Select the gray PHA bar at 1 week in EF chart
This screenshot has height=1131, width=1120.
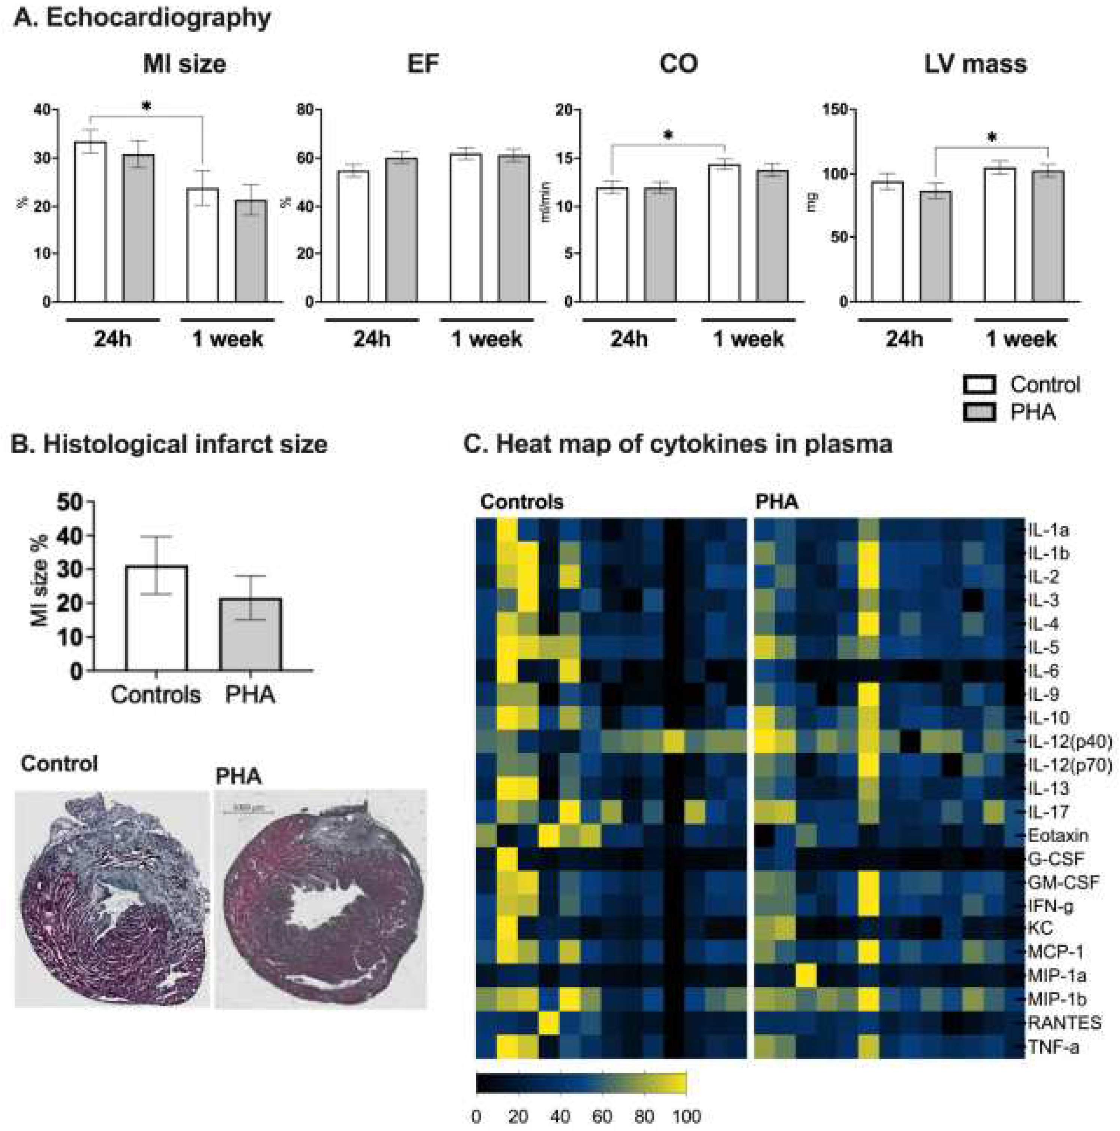[514, 228]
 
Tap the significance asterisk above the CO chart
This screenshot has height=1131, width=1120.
[668, 136]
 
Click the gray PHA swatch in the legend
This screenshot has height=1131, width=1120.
[979, 413]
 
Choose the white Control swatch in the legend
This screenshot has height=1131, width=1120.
[979, 385]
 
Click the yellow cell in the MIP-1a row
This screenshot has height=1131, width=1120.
[806, 976]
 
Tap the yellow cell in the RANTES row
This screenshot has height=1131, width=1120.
[548, 1023]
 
